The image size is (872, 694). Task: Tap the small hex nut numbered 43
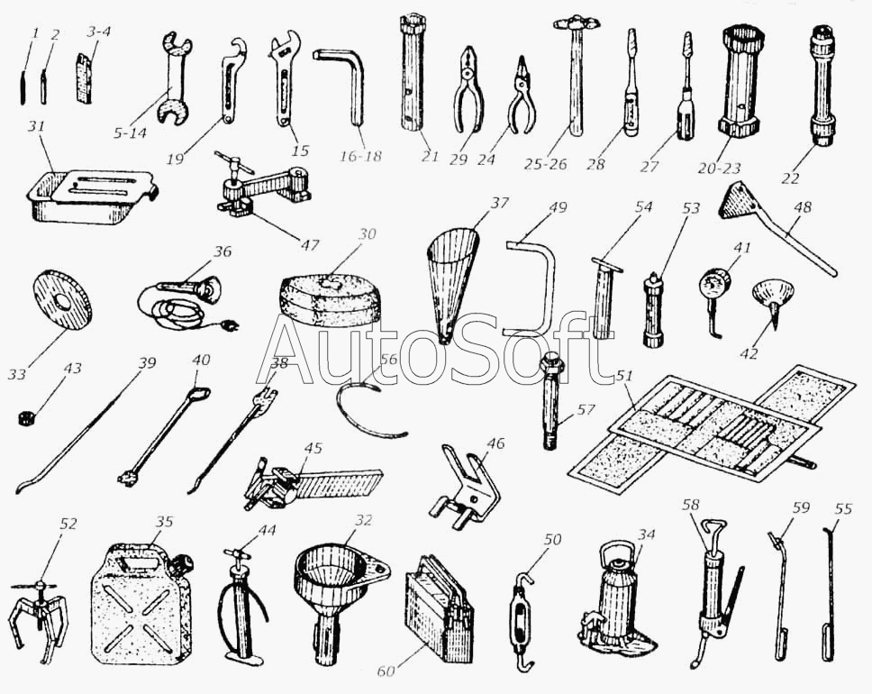24,416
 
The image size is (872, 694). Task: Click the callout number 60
386,671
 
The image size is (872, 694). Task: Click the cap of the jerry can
180,564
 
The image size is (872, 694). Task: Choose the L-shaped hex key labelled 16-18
341,85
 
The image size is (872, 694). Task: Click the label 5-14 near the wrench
129,133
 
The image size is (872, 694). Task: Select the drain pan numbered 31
91,196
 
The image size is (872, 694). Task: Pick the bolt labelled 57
549,401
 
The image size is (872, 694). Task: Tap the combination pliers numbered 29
468,90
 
